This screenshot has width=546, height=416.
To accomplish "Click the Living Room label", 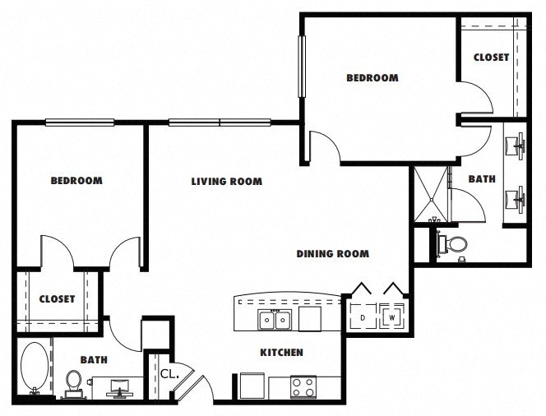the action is pyautogui.click(x=227, y=182).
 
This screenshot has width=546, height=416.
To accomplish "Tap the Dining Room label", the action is pyautogui.click(x=332, y=253).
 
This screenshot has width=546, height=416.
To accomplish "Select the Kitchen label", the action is pyautogui.click(x=282, y=353).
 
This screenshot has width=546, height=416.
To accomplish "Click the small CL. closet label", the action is pyautogui.click(x=169, y=374).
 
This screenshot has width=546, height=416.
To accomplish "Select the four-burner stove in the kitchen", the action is pyautogui.click(x=303, y=387).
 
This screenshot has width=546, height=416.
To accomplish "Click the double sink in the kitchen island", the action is pyautogui.click(x=275, y=319).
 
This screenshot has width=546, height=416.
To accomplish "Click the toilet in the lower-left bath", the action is pyautogui.click(x=73, y=384).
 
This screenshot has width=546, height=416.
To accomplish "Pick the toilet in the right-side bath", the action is pyautogui.click(x=452, y=243).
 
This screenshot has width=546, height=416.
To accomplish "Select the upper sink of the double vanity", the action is pyautogui.click(x=516, y=145).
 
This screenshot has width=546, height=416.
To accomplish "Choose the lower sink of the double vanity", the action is pyautogui.click(x=516, y=199).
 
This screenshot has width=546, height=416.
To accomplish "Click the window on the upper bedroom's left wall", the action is pyautogui.click(x=302, y=67).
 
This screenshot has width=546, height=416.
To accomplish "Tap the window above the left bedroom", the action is pyautogui.click(x=80, y=122).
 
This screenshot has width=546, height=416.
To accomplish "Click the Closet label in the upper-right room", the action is pyautogui.click(x=491, y=58).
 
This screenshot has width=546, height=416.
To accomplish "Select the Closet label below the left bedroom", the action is pyautogui.click(x=57, y=299).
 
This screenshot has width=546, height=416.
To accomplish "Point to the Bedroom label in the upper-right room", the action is pyautogui.click(x=372, y=77).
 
